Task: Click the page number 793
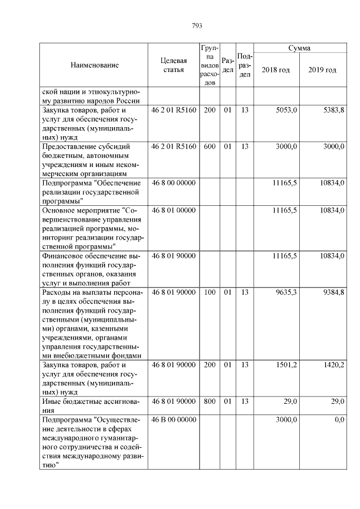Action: coord(197,26)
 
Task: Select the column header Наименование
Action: coord(94,65)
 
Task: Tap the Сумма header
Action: coord(299,48)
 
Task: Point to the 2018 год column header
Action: coord(276,70)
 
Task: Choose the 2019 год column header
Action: coord(322,70)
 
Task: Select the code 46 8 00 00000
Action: coord(173,183)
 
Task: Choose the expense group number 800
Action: coord(210,402)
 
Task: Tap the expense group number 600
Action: coord(210,146)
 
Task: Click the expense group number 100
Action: coord(210,292)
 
